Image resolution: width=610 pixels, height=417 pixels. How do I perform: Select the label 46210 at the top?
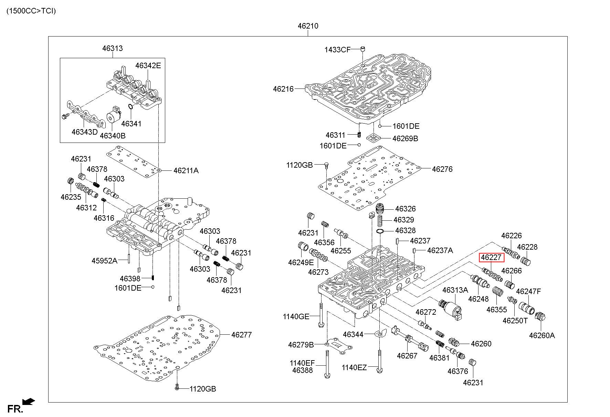pos(308,26)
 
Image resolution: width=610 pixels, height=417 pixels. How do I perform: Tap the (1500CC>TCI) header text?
pos(31,11)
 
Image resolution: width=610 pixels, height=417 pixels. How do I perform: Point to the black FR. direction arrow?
pos(29,402)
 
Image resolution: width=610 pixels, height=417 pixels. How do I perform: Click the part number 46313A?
pos(455,290)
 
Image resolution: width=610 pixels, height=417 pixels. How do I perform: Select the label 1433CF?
pos(337,50)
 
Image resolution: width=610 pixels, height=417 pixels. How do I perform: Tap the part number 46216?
pos(283,89)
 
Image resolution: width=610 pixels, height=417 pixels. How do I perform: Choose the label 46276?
pos(442,169)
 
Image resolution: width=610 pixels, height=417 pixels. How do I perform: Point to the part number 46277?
pos(241,335)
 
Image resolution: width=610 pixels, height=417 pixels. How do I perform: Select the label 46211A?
pos(186,171)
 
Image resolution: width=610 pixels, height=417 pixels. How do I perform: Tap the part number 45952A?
pos(104,261)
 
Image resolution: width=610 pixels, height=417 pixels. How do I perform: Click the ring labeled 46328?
pos(380,231)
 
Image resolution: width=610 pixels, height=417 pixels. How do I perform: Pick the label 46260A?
pos(542,335)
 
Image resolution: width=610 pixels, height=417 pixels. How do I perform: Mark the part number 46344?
pos(353,334)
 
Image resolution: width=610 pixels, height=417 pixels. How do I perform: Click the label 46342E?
pos(148,65)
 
